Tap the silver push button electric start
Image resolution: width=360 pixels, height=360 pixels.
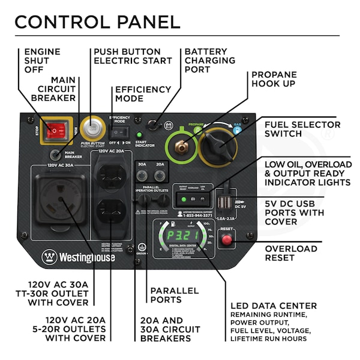(92, 128)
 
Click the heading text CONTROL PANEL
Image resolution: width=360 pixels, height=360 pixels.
(97, 22)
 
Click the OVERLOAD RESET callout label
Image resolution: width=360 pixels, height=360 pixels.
(291, 253)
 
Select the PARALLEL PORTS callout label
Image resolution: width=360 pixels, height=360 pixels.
(174, 295)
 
